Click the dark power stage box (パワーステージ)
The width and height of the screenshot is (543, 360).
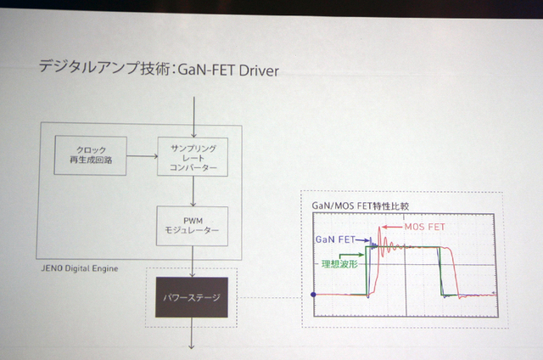pyautogui.click(x=192, y=298)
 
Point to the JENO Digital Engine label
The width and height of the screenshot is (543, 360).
pyautogui.click(x=79, y=267)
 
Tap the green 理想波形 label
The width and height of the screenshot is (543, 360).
pyautogui.click(x=341, y=264)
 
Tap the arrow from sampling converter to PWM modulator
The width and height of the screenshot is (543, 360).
pyautogui.click(x=193, y=191)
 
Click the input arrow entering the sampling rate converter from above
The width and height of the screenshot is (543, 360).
pyautogui.click(x=193, y=115)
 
